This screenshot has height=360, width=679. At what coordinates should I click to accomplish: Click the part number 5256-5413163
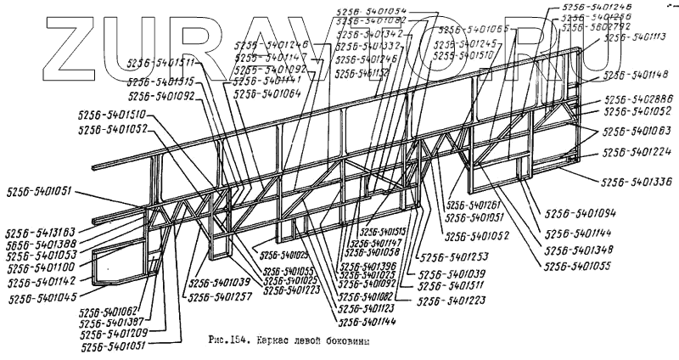pyautogui.click(x=41, y=231)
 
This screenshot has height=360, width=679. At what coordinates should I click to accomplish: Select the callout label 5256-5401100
pyautogui.click(x=41, y=267)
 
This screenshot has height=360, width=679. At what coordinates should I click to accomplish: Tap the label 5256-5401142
pyautogui.click(x=42, y=280)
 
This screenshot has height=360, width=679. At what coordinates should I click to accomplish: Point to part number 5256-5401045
pyautogui.click(x=43, y=298)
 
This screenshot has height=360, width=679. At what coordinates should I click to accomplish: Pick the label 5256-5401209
pyautogui.click(x=115, y=334)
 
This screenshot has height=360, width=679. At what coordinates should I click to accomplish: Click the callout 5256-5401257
pyautogui.click(x=220, y=296)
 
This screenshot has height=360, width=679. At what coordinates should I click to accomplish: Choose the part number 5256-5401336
pyautogui.click(x=636, y=182)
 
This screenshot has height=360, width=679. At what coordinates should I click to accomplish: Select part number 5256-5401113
pyautogui.click(x=635, y=37)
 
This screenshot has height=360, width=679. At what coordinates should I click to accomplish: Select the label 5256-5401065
pyautogui.click(x=474, y=30)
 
